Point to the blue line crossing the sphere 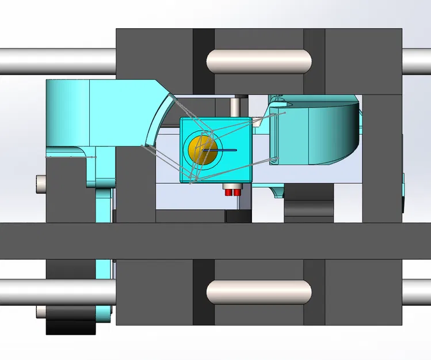pos(219,150)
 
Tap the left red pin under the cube pos(228,191)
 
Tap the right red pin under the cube pos(236,191)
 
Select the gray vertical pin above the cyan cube pos(236,108)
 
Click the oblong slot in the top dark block pos(259,59)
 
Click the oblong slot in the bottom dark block pos(259,292)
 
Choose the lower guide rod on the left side pos(23,292)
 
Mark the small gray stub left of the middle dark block pos(40,184)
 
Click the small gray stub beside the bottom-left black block pos(41,312)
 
